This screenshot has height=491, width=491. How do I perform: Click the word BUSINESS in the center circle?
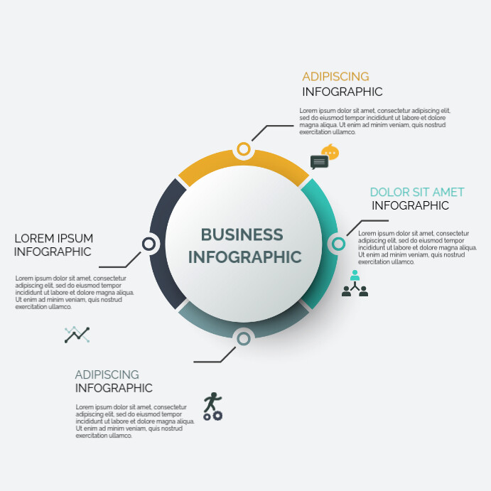click(x=242, y=234)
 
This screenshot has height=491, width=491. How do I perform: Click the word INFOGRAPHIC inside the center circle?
click(x=245, y=257)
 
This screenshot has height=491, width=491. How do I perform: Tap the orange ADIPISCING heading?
click(x=335, y=77)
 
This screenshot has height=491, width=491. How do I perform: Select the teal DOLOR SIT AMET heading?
click(x=417, y=192)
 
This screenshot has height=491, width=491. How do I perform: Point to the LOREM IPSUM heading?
click(x=54, y=238)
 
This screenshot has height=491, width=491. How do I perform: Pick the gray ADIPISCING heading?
click(x=107, y=374)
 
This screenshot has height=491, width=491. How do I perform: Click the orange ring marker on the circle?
click(x=244, y=149)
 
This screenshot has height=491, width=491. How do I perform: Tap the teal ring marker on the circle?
click(x=338, y=244)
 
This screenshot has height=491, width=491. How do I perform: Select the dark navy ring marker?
click(x=149, y=244)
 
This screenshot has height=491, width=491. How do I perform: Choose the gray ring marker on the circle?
click(x=244, y=338)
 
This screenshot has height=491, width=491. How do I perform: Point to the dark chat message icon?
click(x=319, y=162)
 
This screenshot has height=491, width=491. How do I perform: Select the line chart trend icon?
click(x=77, y=335)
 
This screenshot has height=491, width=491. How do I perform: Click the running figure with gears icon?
click(x=212, y=406)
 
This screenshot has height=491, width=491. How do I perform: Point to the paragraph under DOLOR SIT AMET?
click(x=417, y=247)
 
